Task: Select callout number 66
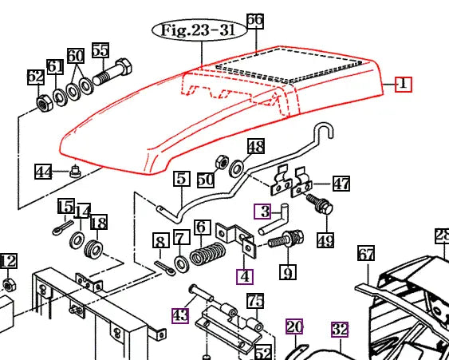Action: pos(254,21)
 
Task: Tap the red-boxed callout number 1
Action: pos(403,83)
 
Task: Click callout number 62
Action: pos(36,77)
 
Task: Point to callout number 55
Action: pos(100,50)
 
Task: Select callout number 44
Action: pos(43,171)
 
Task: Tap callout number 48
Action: pos(255,147)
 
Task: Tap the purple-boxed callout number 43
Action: pos(180,315)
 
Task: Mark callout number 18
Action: pos(98,223)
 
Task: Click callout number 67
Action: pos(365,255)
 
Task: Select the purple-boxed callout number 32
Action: pos(340,328)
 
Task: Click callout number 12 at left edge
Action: pos(8,261)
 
